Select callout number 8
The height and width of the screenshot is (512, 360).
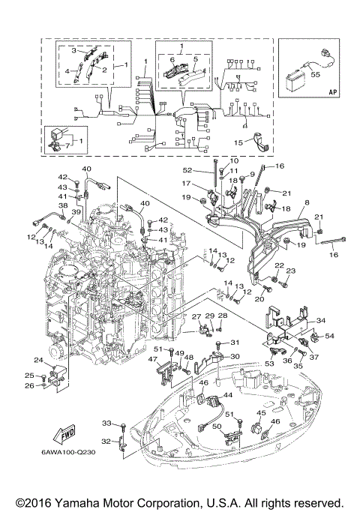coord(307,202)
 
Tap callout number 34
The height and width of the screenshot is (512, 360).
coord(321,320)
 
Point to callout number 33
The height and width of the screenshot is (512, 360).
coord(106,424)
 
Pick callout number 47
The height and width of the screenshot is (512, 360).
coord(153,360)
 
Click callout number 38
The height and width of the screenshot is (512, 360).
coord(63,205)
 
